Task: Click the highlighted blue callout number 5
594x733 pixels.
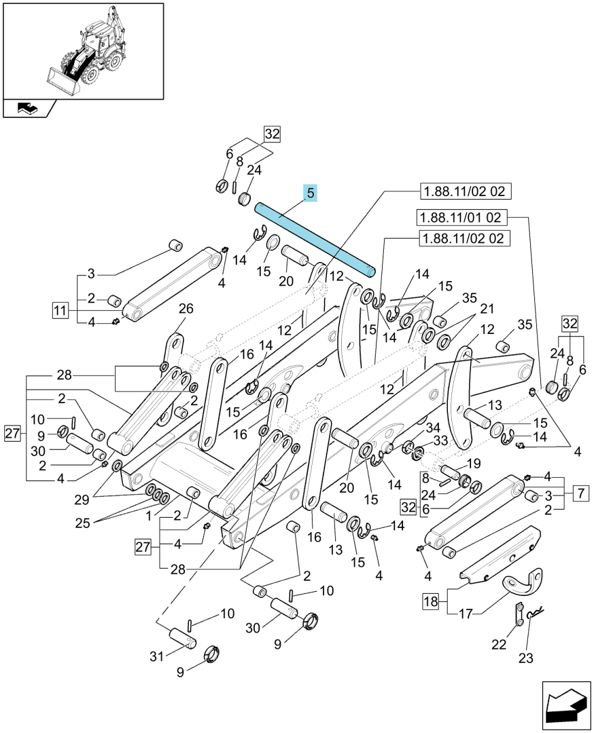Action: click(x=311, y=192)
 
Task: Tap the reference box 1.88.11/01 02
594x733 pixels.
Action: click(x=461, y=217)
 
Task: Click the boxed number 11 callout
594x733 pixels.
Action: click(x=60, y=310)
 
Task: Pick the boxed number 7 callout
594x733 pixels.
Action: click(x=581, y=493)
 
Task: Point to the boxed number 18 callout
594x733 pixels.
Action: click(x=431, y=601)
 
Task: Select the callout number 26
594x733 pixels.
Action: click(x=186, y=309)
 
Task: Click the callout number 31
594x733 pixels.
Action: click(x=157, y=656)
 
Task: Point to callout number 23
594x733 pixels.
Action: click(x=525, y=658)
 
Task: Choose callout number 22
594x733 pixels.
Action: click(x=499, y=644)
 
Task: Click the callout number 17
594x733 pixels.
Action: click(x=466, y=614)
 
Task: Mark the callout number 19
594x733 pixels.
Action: click(x=474, y=464)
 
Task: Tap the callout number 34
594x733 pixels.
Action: click(x=433, y=428)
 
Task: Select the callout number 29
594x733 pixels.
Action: click(x=82, y=500)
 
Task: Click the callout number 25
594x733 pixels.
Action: click(x=83, y=523)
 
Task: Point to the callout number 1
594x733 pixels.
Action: click(x=149, y=516)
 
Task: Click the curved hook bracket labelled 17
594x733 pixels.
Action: click(x=523, y=584)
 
